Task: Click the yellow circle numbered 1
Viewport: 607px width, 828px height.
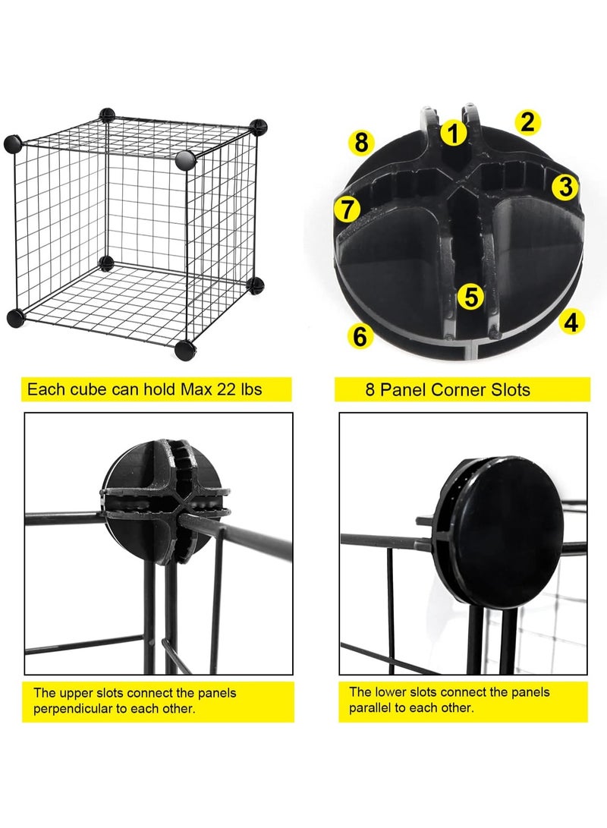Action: (x=453, y=134)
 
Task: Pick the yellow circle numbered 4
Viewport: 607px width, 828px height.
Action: (x=571, y=322)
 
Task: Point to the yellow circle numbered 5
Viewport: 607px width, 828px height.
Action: (x=471, y=297)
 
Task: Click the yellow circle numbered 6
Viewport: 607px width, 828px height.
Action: (x=360, y=335)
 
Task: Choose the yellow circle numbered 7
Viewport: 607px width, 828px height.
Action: (x=348, y=209)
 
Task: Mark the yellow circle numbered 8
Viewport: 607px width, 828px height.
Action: (x=361, y=142)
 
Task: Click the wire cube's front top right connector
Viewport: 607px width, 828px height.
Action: (x=185, y=159)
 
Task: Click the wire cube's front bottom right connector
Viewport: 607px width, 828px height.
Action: (x=184, y=350)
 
